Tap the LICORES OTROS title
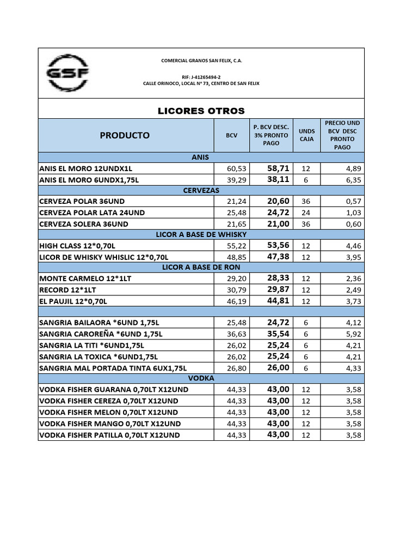[201, 111]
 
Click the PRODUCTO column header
[125, 135]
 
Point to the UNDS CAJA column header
[306, 135]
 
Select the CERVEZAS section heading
[201, 190]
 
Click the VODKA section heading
[201, 378]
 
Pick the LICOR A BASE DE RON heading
[201, 267]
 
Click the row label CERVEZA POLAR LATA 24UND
[93, 212]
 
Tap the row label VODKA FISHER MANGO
[109, 423]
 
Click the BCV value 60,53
[237, 168]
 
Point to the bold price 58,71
[278, 168]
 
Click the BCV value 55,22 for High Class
[237, 246]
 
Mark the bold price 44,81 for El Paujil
[278, 300]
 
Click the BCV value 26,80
[237, 368]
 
